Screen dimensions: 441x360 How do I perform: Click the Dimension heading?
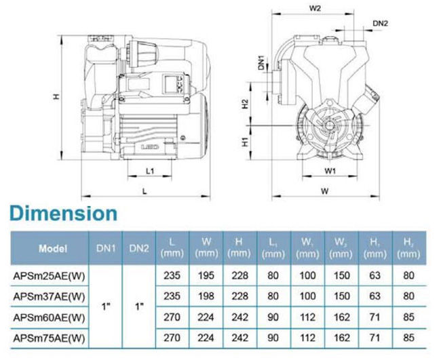click(x=64, y=214)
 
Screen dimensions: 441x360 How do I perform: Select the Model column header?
click(x=53, y=248)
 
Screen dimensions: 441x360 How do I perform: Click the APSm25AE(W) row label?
click(x=49, y=276)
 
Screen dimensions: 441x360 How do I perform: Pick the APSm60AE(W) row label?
click(x=49, y=317)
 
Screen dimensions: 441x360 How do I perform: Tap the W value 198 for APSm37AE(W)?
click(x=206, y=296)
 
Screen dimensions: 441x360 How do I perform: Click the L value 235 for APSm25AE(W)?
click(x=172, y=275)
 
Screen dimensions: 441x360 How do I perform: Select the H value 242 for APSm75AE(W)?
click(x=240, y=338)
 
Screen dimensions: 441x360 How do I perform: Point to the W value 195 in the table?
click(x=206, y=275)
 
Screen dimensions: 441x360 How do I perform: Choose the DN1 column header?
click(x=106, y=248)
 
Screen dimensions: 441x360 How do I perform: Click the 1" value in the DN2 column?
click(x=140, y=306)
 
